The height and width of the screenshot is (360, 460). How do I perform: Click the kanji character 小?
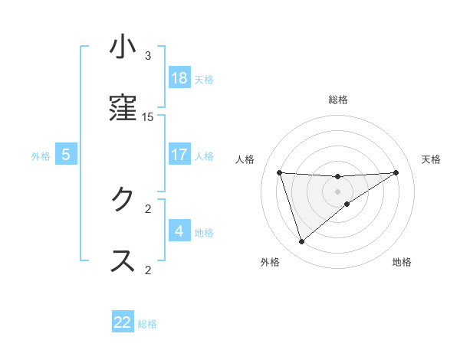click(123, 47)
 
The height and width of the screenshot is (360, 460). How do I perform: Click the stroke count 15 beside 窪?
click(148, 117)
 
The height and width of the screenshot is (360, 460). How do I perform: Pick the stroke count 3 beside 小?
click(148, 56)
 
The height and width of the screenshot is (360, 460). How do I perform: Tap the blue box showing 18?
click(179, 78)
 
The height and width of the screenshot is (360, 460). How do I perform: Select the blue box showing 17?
click(179, 155)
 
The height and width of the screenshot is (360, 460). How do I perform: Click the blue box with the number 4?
click(179, 231)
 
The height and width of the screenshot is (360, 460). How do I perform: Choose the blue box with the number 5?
click(66, 155)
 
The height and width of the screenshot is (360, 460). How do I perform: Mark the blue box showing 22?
click(123, 322)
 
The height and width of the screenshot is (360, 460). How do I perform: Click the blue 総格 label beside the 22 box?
click(147, 324)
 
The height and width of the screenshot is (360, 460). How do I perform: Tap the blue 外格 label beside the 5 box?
click(41, 156)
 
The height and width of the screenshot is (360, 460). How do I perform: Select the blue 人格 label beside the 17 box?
click(204, 156)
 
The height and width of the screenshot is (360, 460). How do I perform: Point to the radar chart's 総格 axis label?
click(338, 100)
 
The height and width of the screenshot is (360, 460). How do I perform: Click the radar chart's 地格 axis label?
click(402, 262)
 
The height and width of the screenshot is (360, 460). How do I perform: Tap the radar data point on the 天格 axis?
click(396, 172)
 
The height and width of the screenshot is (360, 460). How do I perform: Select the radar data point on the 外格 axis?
click(301, 242)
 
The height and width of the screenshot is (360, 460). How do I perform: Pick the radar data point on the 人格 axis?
click(280, 172)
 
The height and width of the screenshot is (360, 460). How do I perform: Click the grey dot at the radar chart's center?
click(338, 191)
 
